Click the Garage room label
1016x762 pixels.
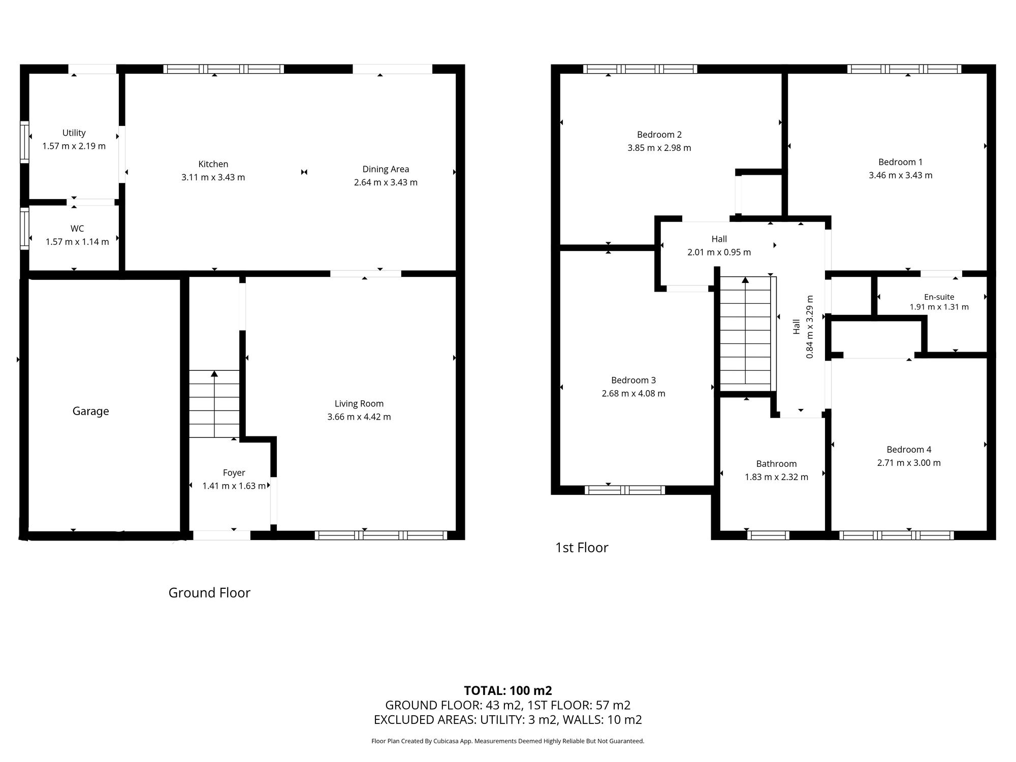click(x=90, y=411)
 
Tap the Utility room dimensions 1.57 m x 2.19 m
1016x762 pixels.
click(x=74, y=146)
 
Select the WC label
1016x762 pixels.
click(x=77, y=229)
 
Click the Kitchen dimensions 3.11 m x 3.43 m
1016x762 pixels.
click(x=213, y=177)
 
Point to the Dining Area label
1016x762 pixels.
click(x=386, y=169)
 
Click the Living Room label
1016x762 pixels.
click(x=359, y=404)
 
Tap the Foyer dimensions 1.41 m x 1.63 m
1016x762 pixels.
click(x=234, y=486)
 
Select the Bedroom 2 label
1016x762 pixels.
click(x=659, y=135)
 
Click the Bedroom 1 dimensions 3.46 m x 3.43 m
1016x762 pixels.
click(x=900, y=175)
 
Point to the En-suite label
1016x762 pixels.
click(x=939, y=297)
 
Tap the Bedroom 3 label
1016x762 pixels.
click(x=633, y=380)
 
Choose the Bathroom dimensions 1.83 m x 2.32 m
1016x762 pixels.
click(x=776, y=477)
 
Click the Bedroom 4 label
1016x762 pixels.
click(x=909, y=450)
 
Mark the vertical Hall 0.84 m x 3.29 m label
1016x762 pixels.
click(x=803, y=327)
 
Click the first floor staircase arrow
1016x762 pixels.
click(x=745, y=280)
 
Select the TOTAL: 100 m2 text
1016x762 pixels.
click(x=507, y=690)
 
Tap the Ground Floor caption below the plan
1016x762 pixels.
click(x=209, y=593)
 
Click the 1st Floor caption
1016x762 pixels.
click(x=581, y=548)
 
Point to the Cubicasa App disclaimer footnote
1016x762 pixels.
click(x=507, y=741)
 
